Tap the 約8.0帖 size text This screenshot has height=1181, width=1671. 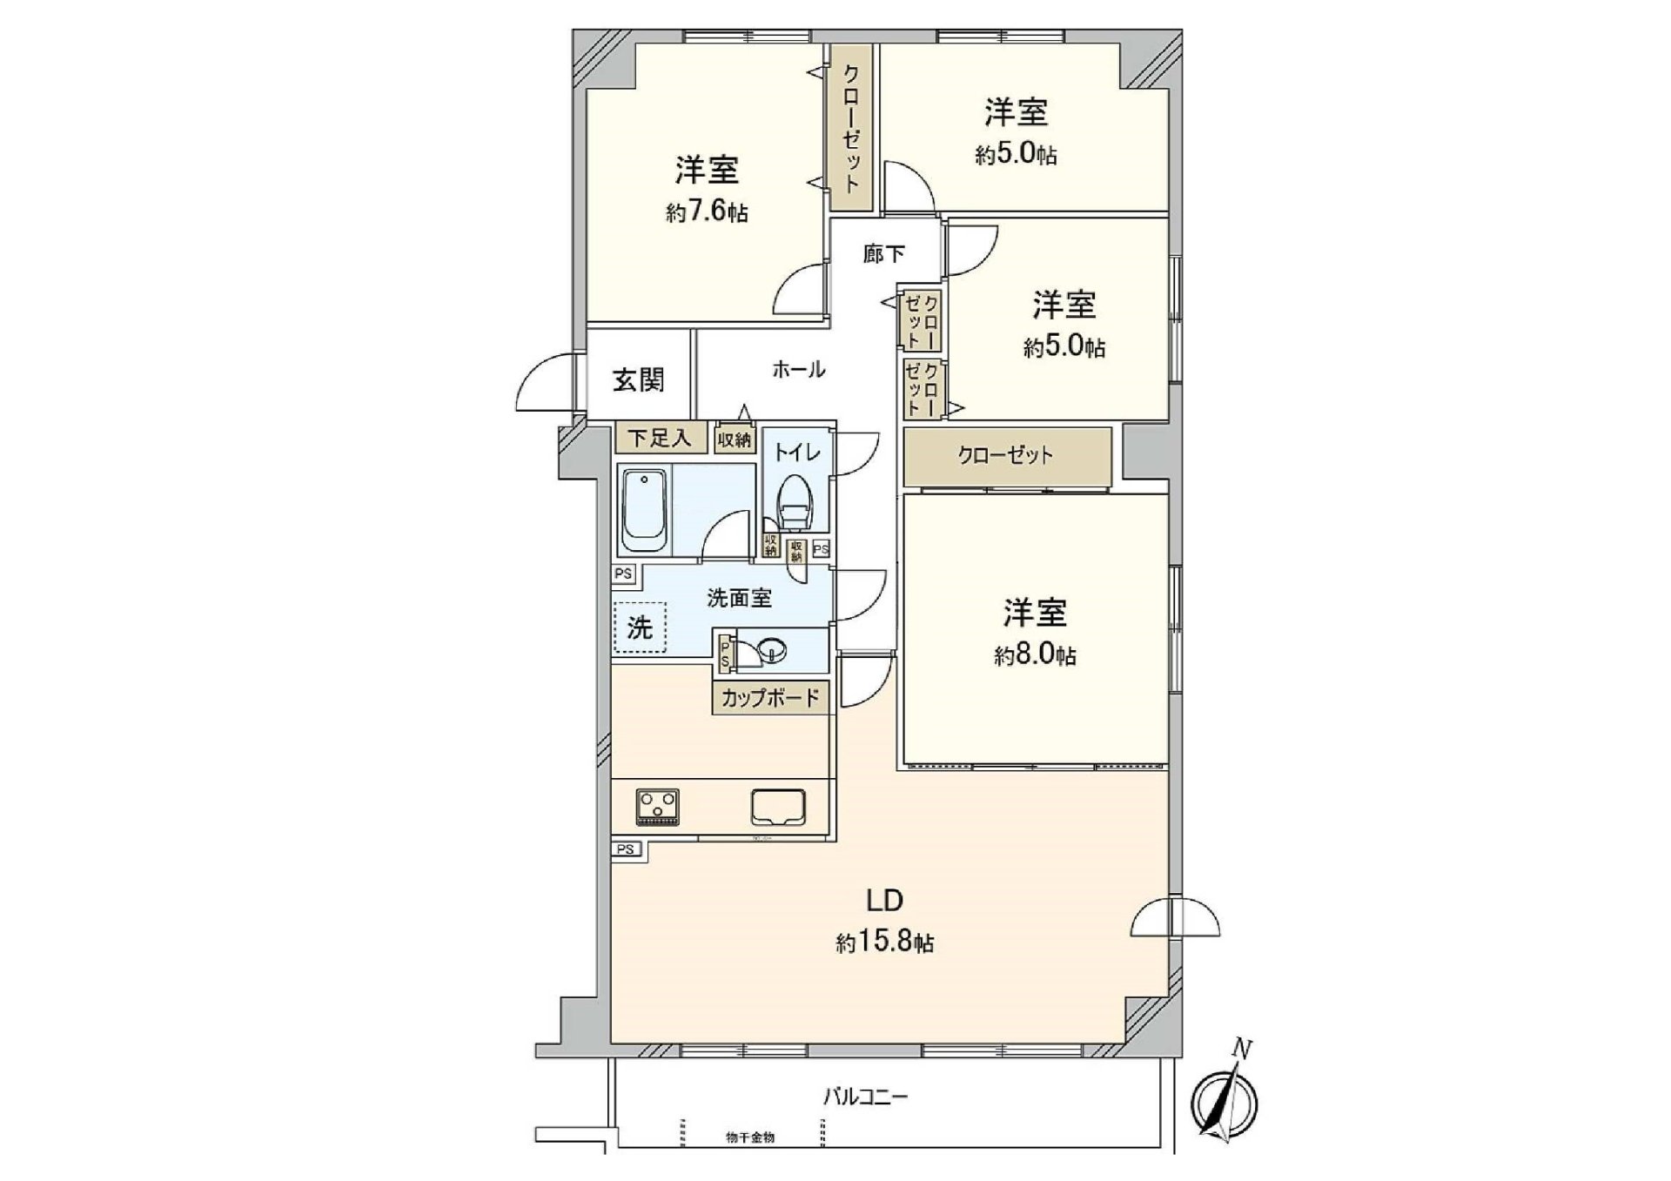(1035, 655)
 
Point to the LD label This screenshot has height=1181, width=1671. (883, 900)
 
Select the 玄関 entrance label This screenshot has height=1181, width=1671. (639, 380)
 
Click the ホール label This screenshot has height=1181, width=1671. (798, 370)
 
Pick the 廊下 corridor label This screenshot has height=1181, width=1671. (884, 254)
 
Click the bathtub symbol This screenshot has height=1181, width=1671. (643, 512)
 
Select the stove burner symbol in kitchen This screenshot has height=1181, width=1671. (658, 807)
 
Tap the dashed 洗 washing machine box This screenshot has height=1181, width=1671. (641, 627)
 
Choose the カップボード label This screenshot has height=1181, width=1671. (770, 698)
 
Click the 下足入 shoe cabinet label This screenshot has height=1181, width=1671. (660, 438)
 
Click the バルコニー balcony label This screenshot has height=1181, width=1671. (865, 1097)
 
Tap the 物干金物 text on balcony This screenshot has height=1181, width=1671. (750, 1137)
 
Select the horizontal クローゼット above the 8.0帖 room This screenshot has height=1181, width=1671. (1006, 455)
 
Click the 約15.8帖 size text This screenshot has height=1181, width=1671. (885, 943)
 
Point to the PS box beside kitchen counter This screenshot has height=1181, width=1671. (625, 849)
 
